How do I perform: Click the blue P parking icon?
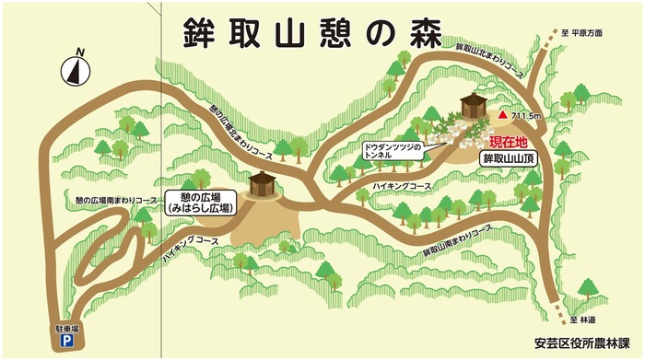pyautogui.click(x=66, y=341)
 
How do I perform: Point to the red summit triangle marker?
pyautogui.click(x=502, y=116)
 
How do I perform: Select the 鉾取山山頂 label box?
pyautogui.click(x=510, y=158)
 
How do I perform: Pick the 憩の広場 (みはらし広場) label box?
pyautogui.click(x=199, y=203)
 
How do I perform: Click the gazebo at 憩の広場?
pyautogui.click(x=262, y=183)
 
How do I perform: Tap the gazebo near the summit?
pyautogui.click(x=474, y=105)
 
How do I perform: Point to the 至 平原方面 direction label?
pyautogui.click(x=582, y=33)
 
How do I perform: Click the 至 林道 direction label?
pyautogui.click(x=583, y=319)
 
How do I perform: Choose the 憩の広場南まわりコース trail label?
pyautogui.click(x=110, y=199)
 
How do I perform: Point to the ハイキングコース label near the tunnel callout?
pyautogui.click(x=402, y=186)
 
